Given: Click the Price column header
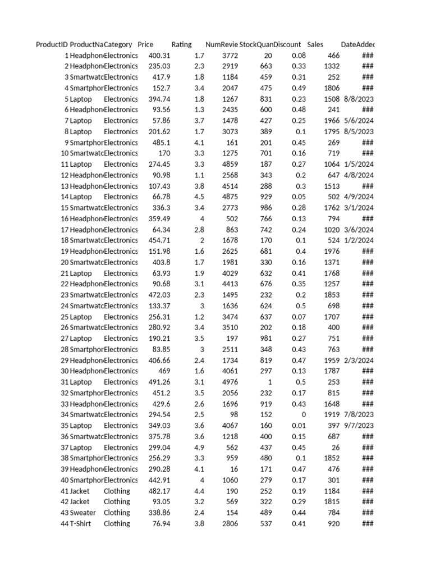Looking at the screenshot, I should (x=145, y=44).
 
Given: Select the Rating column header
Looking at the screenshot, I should (x=181, y=44).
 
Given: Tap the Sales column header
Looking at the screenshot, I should (x=315, y=44).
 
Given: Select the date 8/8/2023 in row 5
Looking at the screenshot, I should (x=359, y=99).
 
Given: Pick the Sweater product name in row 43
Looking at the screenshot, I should (x=83, y=513).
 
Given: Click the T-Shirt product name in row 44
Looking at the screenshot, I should (x=82, y=523).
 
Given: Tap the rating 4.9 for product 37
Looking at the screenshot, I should (x=199, y=448).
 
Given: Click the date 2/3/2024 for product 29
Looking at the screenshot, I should (x=359, y=360).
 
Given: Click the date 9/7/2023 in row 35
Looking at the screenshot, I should (x=359, y=426).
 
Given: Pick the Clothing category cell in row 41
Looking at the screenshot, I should (x=117, y=491).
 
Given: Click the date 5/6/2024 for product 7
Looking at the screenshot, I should (x=359, y=121).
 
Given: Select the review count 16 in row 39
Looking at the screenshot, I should (x=234, y=469).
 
